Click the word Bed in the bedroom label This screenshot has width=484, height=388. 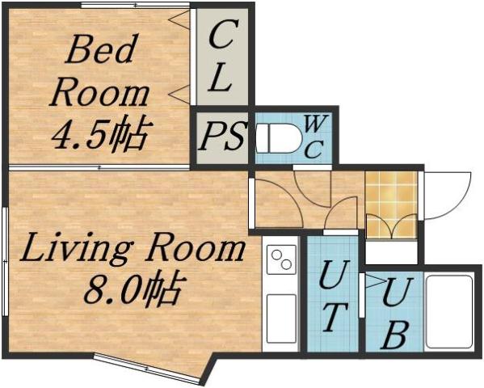100,50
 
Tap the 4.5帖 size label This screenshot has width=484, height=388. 99,135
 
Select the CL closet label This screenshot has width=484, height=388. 221,57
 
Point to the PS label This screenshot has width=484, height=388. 222,137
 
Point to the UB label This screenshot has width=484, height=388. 394,311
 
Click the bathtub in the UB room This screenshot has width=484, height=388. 449,312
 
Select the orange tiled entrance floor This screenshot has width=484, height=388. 391,202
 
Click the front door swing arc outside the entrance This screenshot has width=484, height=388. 448,194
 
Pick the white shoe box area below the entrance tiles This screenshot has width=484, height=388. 391,251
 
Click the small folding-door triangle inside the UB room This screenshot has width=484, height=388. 372,282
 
